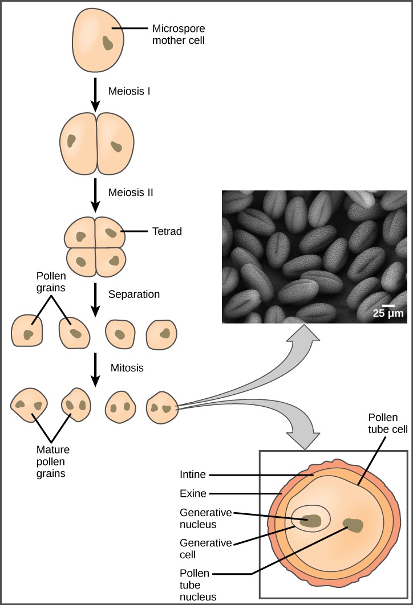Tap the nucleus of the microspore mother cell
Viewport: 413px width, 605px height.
click(107, 43)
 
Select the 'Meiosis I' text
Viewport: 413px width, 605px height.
click(129, 91)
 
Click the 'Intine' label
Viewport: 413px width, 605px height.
click(192, 474)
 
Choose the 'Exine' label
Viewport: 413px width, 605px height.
click(192, 493)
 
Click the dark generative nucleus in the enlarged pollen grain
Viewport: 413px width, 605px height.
click(311, 520)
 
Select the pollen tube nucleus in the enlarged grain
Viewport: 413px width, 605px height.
click(354, 525)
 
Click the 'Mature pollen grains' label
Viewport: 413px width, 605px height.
click(51, 460)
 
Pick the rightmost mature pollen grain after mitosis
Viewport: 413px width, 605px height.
click(162, 407)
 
